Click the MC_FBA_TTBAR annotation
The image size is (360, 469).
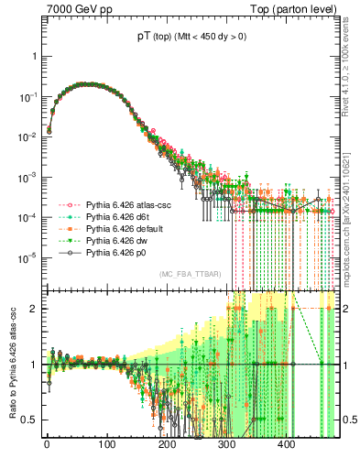tap(190, 275)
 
